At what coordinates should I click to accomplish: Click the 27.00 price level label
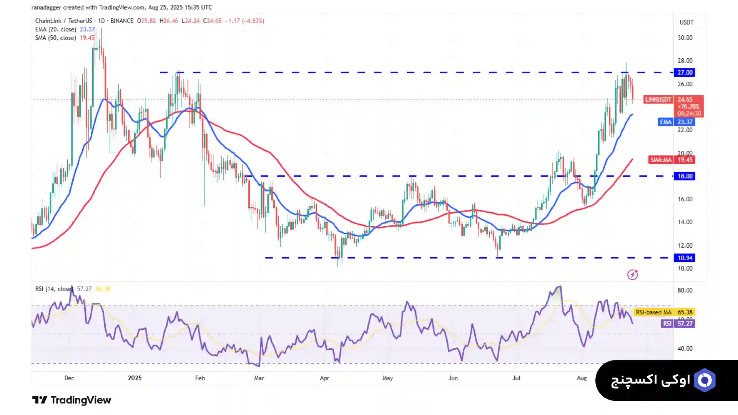click(685, 73)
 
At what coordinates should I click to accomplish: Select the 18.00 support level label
click(685, 176)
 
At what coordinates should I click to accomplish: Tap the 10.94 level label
click(685, 258)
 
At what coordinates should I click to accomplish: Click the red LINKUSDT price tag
click(658, 99)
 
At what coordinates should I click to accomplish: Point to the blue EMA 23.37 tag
click(676, 122)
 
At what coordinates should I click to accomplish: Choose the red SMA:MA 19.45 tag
click(672, 160)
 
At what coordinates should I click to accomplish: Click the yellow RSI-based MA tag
click(664, 312)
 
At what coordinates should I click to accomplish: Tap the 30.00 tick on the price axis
click(685, 38)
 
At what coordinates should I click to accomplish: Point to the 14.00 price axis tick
click(685, 222)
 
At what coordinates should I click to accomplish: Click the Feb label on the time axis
click(200, 378)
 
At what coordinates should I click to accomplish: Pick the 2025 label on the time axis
click(135, 378)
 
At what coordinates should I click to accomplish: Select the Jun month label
click(453, 378)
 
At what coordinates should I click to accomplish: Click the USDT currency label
click(686, 22)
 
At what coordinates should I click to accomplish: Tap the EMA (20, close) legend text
click(56, 30)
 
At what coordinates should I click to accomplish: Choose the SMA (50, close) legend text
click(56, 38)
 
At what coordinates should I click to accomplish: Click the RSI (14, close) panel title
click(53, 289)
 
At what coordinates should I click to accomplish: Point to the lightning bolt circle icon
click(633, 274)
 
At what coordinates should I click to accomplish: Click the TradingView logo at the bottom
click(71, 400)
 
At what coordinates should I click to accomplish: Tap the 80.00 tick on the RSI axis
click(685, 290)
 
